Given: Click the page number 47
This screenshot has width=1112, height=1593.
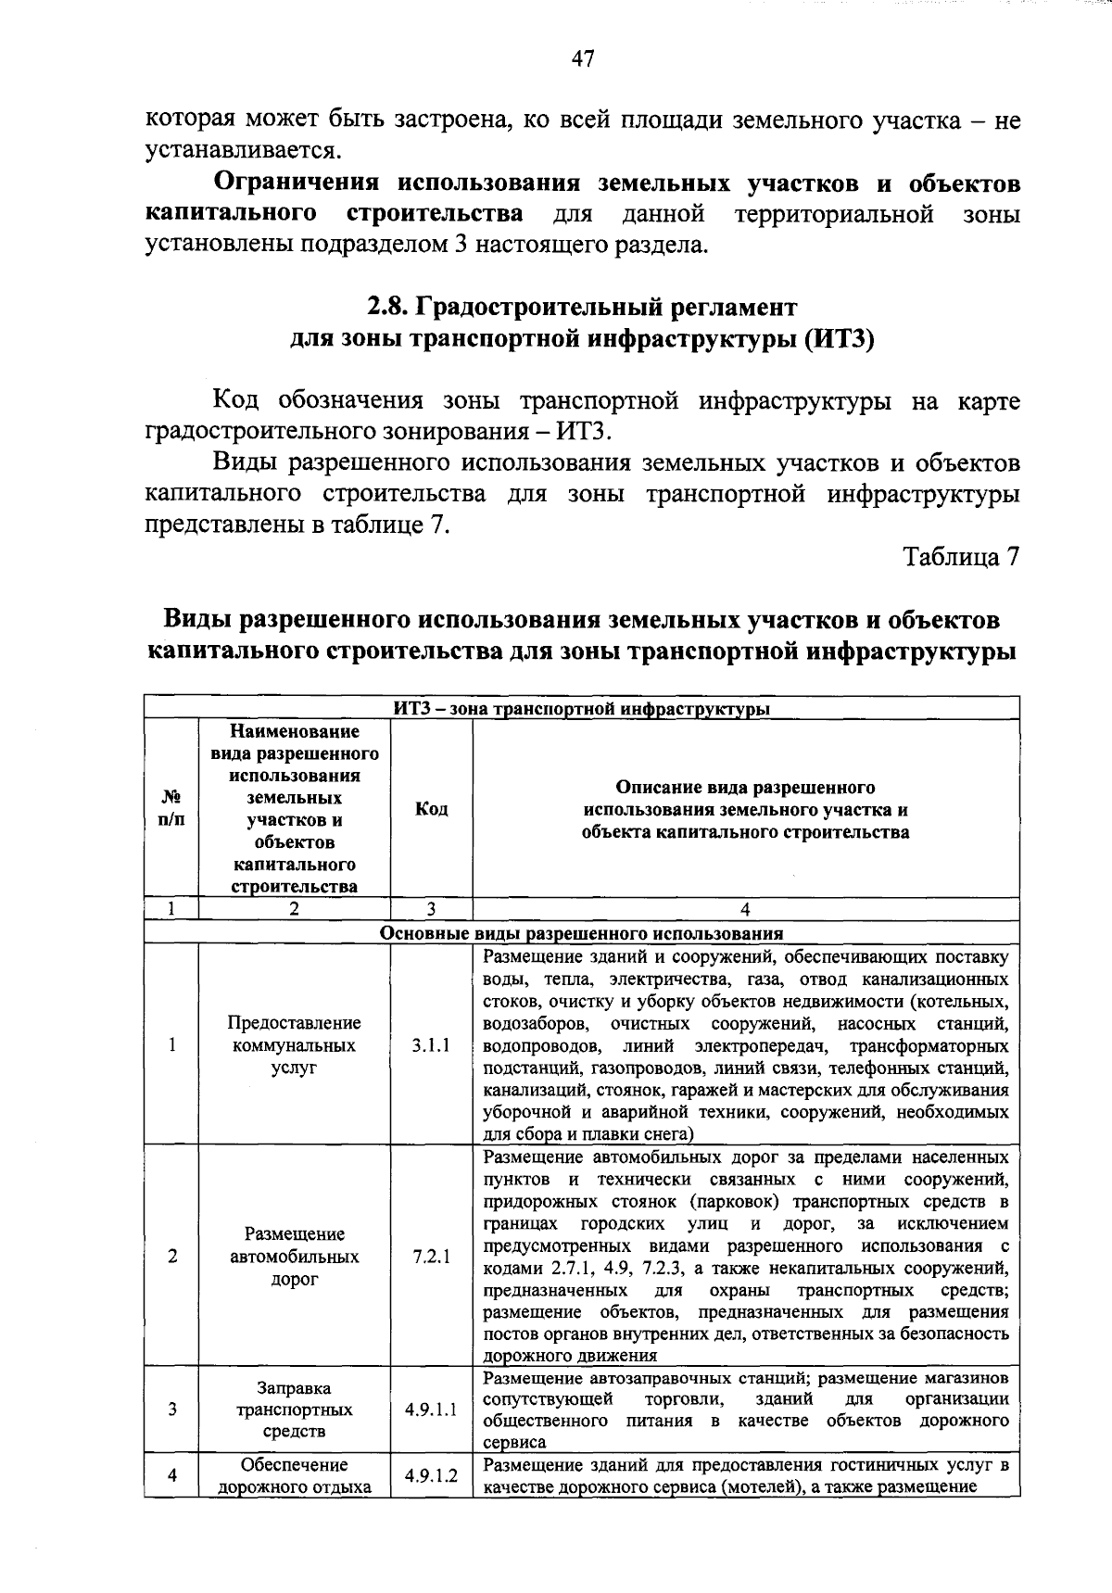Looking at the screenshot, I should click(x=582, y=59).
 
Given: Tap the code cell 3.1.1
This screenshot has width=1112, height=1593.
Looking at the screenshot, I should click(x=431, y=1044).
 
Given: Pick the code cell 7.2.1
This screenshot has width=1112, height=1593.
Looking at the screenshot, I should click(x=431, y=1257).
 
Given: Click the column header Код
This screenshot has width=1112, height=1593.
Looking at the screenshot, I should click(x=431, y=809).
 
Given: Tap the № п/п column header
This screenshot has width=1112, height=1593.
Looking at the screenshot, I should click(x=171, y=808).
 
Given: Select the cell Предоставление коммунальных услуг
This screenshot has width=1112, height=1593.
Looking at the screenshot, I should click(x=294, y=1044).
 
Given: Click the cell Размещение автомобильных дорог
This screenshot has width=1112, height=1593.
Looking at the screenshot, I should click(x=294, y=1257).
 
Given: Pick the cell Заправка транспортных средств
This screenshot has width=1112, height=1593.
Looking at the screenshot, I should click(x=294, y=1410).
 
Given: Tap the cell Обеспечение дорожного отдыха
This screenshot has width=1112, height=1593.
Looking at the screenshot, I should click(x=294, y=1476).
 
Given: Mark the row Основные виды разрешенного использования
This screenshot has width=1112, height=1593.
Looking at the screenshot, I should click(x=582, y=933).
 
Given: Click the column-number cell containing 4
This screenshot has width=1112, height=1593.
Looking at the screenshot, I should click(x=745, y=909).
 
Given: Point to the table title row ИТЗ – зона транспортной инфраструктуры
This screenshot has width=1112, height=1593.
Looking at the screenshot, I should click(x=582, y=710).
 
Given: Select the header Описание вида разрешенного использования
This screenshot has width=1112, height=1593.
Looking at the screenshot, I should click(x=745, y=809).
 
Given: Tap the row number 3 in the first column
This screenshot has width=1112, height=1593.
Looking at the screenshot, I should click(x=171, y=1410).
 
